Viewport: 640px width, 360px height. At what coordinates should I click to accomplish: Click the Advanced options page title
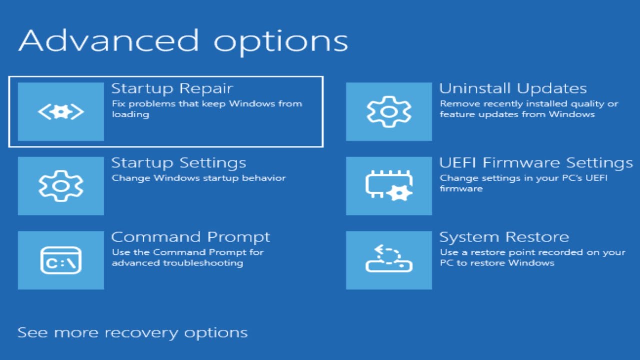pyautogui.click(x=183, y=41)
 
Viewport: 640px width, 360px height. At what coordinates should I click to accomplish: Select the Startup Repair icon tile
pyautogui.click(x=61, y=112)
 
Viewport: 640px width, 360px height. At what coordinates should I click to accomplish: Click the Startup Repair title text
pyautogui.click(x=172, y=89)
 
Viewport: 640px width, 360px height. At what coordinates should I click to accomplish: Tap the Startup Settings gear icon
pyautogui.click(x=61, y=186)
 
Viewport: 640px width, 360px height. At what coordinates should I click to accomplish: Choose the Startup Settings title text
pyautogui.click(x=178, y=163)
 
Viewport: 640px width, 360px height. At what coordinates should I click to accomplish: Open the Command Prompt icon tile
pyautogui.click(x=61, y=260)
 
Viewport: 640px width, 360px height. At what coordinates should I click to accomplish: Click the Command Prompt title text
pyautogui.click(x=190, y=237)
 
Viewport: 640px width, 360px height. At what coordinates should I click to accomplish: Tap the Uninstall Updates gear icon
pyautogui.click(x=389, y=112)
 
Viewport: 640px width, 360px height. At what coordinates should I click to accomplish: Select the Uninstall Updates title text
pyautogui.click(x=513, y=89)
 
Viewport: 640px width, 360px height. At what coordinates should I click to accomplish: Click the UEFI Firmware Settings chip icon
pyautogui.click(x=389, y=186)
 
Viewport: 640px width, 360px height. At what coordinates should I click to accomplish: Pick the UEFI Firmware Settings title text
pyautogui.click(x=536, y=163)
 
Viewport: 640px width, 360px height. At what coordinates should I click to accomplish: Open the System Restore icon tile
pyautogui.click(x=389, y=260)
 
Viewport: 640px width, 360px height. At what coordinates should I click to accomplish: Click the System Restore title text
pyautogui.click(x=504, y=237)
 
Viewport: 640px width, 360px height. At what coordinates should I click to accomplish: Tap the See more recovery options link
pyautogui.click(x=132, y=333)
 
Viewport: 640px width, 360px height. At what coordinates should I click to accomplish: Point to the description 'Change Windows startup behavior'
pyautogui.click(x=198, y=178)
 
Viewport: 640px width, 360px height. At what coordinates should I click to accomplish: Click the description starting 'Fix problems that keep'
pyautogui.click(x=206, y=109)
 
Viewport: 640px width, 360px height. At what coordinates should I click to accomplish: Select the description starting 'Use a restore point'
pyautogui.click(x=532, y=257)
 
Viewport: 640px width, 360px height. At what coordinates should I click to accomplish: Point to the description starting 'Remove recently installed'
pyautogui.click(x=528, y=109)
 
